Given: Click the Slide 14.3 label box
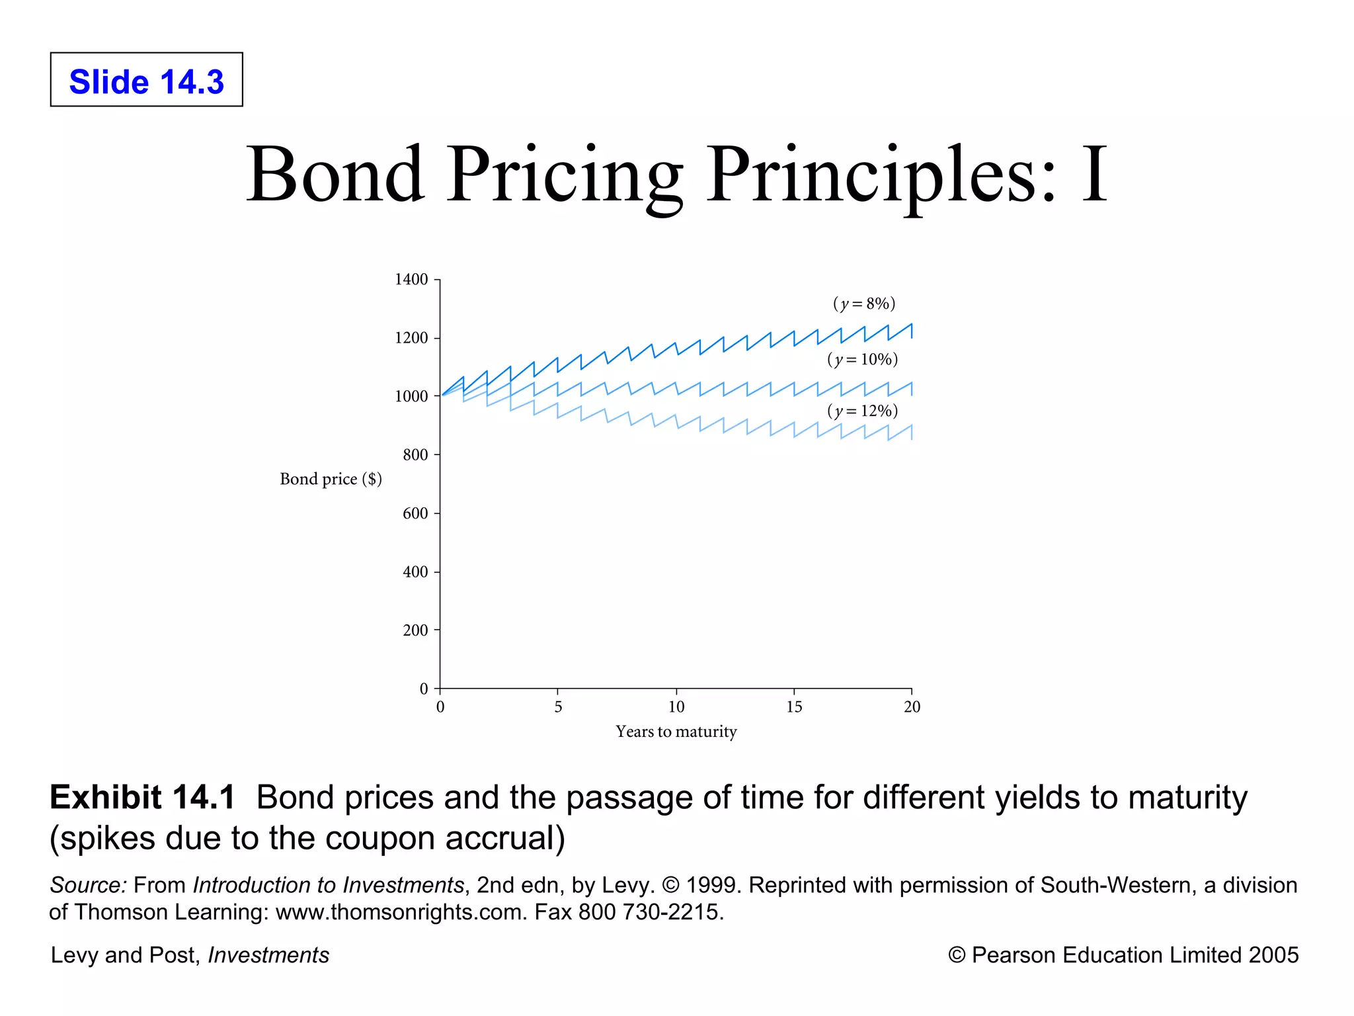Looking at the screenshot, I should click(x=146, y=80).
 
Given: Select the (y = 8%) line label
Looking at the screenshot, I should click(x=863, y=304).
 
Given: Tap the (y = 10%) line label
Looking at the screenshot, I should click(x=862, y=359).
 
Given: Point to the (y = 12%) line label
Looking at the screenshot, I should click(x=862, y=411).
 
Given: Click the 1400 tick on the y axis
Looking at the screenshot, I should click(x=411, y=279).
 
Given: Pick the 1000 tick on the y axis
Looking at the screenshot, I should click(x=411, y=396).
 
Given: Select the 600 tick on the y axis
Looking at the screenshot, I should click(x=415, y=513).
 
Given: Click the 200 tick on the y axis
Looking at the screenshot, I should click(x=415, y=630).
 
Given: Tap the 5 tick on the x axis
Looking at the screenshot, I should click(x=558, y=706).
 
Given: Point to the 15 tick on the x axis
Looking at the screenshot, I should click(x=794, y=706).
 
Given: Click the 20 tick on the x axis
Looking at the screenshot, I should click(x=912, y=706).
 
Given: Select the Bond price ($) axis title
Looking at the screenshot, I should click(x=331, y=479).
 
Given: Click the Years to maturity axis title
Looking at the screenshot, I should click(x=676, y=732).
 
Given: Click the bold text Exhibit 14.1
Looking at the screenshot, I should click(x=142, y=797).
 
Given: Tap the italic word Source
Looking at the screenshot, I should click(x=87, y=885).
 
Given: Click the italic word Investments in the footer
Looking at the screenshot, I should click(x=268, y=955).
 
